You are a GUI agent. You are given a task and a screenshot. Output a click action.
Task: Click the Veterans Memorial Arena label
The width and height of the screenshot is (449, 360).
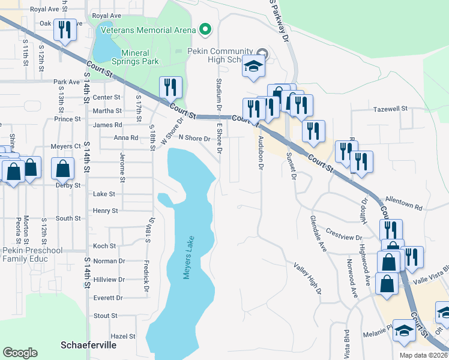[x=148, y=30]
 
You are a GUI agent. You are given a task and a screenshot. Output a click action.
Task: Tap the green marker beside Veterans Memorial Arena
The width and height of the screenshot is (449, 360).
[x=205, y=29]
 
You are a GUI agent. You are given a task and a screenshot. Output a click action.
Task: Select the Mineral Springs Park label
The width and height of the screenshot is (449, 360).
[x=136, y=57]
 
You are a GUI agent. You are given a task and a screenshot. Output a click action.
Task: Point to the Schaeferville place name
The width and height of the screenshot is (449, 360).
[x=89, y=345]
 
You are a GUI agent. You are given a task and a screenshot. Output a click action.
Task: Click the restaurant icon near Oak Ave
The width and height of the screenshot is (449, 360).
[x=64, y=30]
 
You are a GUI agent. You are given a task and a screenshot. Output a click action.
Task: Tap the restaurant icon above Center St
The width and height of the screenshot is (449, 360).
[x=170, y=88]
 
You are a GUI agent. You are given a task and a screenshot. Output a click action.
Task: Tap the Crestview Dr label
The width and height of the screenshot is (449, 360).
[x=342, y=231]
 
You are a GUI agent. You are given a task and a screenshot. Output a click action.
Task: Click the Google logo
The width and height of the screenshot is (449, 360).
[x=20, y=353]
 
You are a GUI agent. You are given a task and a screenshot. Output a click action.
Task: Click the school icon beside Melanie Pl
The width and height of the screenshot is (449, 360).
[x=404, y=330]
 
